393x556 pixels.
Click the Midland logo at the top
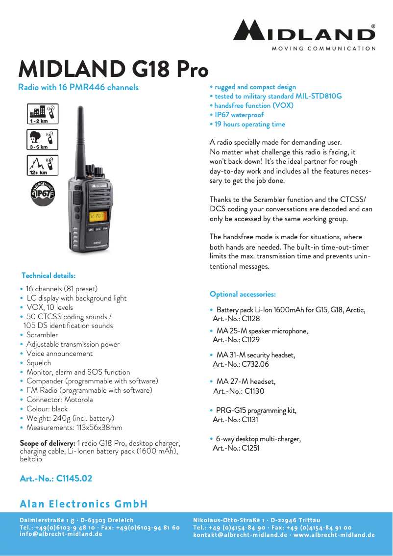pyautogui.click(x=304, y=32)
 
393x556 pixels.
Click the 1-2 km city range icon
pyautogui.click(x=42, y=114)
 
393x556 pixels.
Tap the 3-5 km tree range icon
pyautogui.click(x=42, y=140)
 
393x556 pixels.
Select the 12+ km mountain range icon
pyautogui.click(x=42, y=165)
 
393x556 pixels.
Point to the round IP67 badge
pyautogui.click(x=43, y=192)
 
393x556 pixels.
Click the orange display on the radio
pyautogui.click(x=98, y=215)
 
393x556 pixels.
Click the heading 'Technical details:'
pyautogui.click(x=49, y=276)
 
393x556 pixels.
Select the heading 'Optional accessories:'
pyautogui.click(x=243, y=294)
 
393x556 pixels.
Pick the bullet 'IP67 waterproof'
pyautogui.click(x=239, y=115)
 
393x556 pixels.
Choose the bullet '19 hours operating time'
pyautogui.click(x=250, y=124)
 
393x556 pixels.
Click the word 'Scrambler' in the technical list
pyautogui.click(x=42, y=335)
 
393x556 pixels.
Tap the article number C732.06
pyautogui.click(x=255, y=364)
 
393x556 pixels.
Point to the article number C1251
pyautogui.click(x=250, y=448)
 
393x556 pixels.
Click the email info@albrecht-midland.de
pyautogui.click(x=61, y=534)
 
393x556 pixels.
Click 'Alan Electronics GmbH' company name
pyautogui.click(x=84, y=504)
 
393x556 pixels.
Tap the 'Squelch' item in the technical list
pyautogui.click(x=39, y=363)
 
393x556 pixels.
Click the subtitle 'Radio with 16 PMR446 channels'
pyautogui.click(x=78, y=87)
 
